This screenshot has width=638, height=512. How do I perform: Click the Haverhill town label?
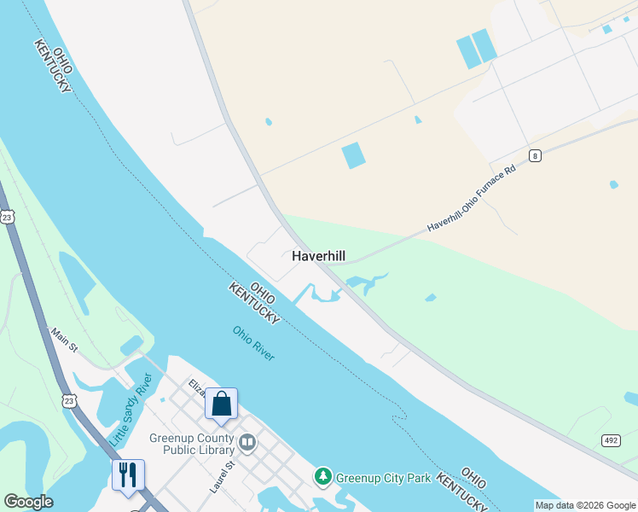(319, 256)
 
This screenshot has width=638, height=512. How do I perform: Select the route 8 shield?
(535, 154)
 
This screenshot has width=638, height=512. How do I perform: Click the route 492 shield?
(611, 440)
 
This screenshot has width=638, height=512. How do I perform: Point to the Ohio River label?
(253, 342)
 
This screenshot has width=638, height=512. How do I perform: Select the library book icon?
(247, 442)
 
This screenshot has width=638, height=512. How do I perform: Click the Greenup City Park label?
(383, 478)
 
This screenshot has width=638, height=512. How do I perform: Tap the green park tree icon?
(322, 477)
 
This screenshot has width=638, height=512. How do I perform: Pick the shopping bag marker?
(221, 403)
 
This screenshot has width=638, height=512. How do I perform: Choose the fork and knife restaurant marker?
(128, 474)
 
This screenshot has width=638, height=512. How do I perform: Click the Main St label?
(63, 340)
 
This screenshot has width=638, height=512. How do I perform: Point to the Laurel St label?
(222, 478)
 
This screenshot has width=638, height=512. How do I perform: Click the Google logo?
(28, 502)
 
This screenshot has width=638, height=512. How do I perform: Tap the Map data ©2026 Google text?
(584, 505)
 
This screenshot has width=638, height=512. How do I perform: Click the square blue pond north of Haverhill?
(353, 155)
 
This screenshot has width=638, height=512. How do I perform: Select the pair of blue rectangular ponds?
(476, 49)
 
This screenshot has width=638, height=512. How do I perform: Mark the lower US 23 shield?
(67, 399)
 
